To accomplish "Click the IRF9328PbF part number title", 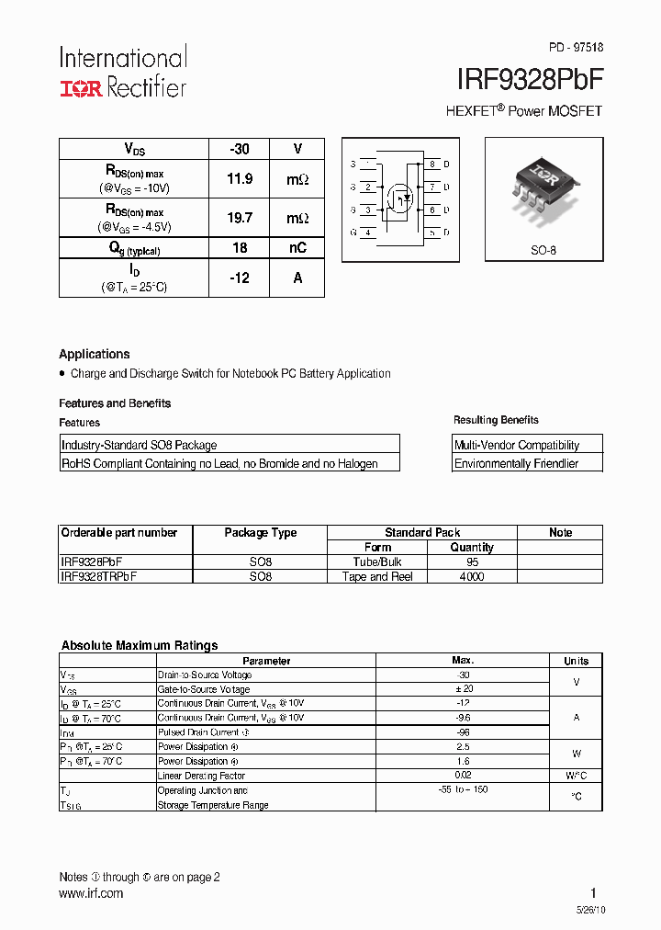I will [x=531, y=79].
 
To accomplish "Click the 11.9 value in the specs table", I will [x=240, y=179].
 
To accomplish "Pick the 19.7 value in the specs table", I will [x=240, y=218].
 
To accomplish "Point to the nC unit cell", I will [x=297, y=248].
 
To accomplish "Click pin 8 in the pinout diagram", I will [x=431, y=164].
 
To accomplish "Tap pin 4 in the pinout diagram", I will [x=367, y=232].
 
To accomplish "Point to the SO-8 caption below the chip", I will [x=543, y=250].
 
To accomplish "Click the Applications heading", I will [x=95, y=354].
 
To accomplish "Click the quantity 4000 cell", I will [x=472, y=577].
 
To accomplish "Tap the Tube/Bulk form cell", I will [x=377, y=562].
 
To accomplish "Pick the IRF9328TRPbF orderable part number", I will [x=99, y=577].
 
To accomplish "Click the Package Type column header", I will [x=261, y=533].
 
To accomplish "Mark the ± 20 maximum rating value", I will [x=463, y=689].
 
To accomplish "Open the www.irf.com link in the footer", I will [x=91, y=893].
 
